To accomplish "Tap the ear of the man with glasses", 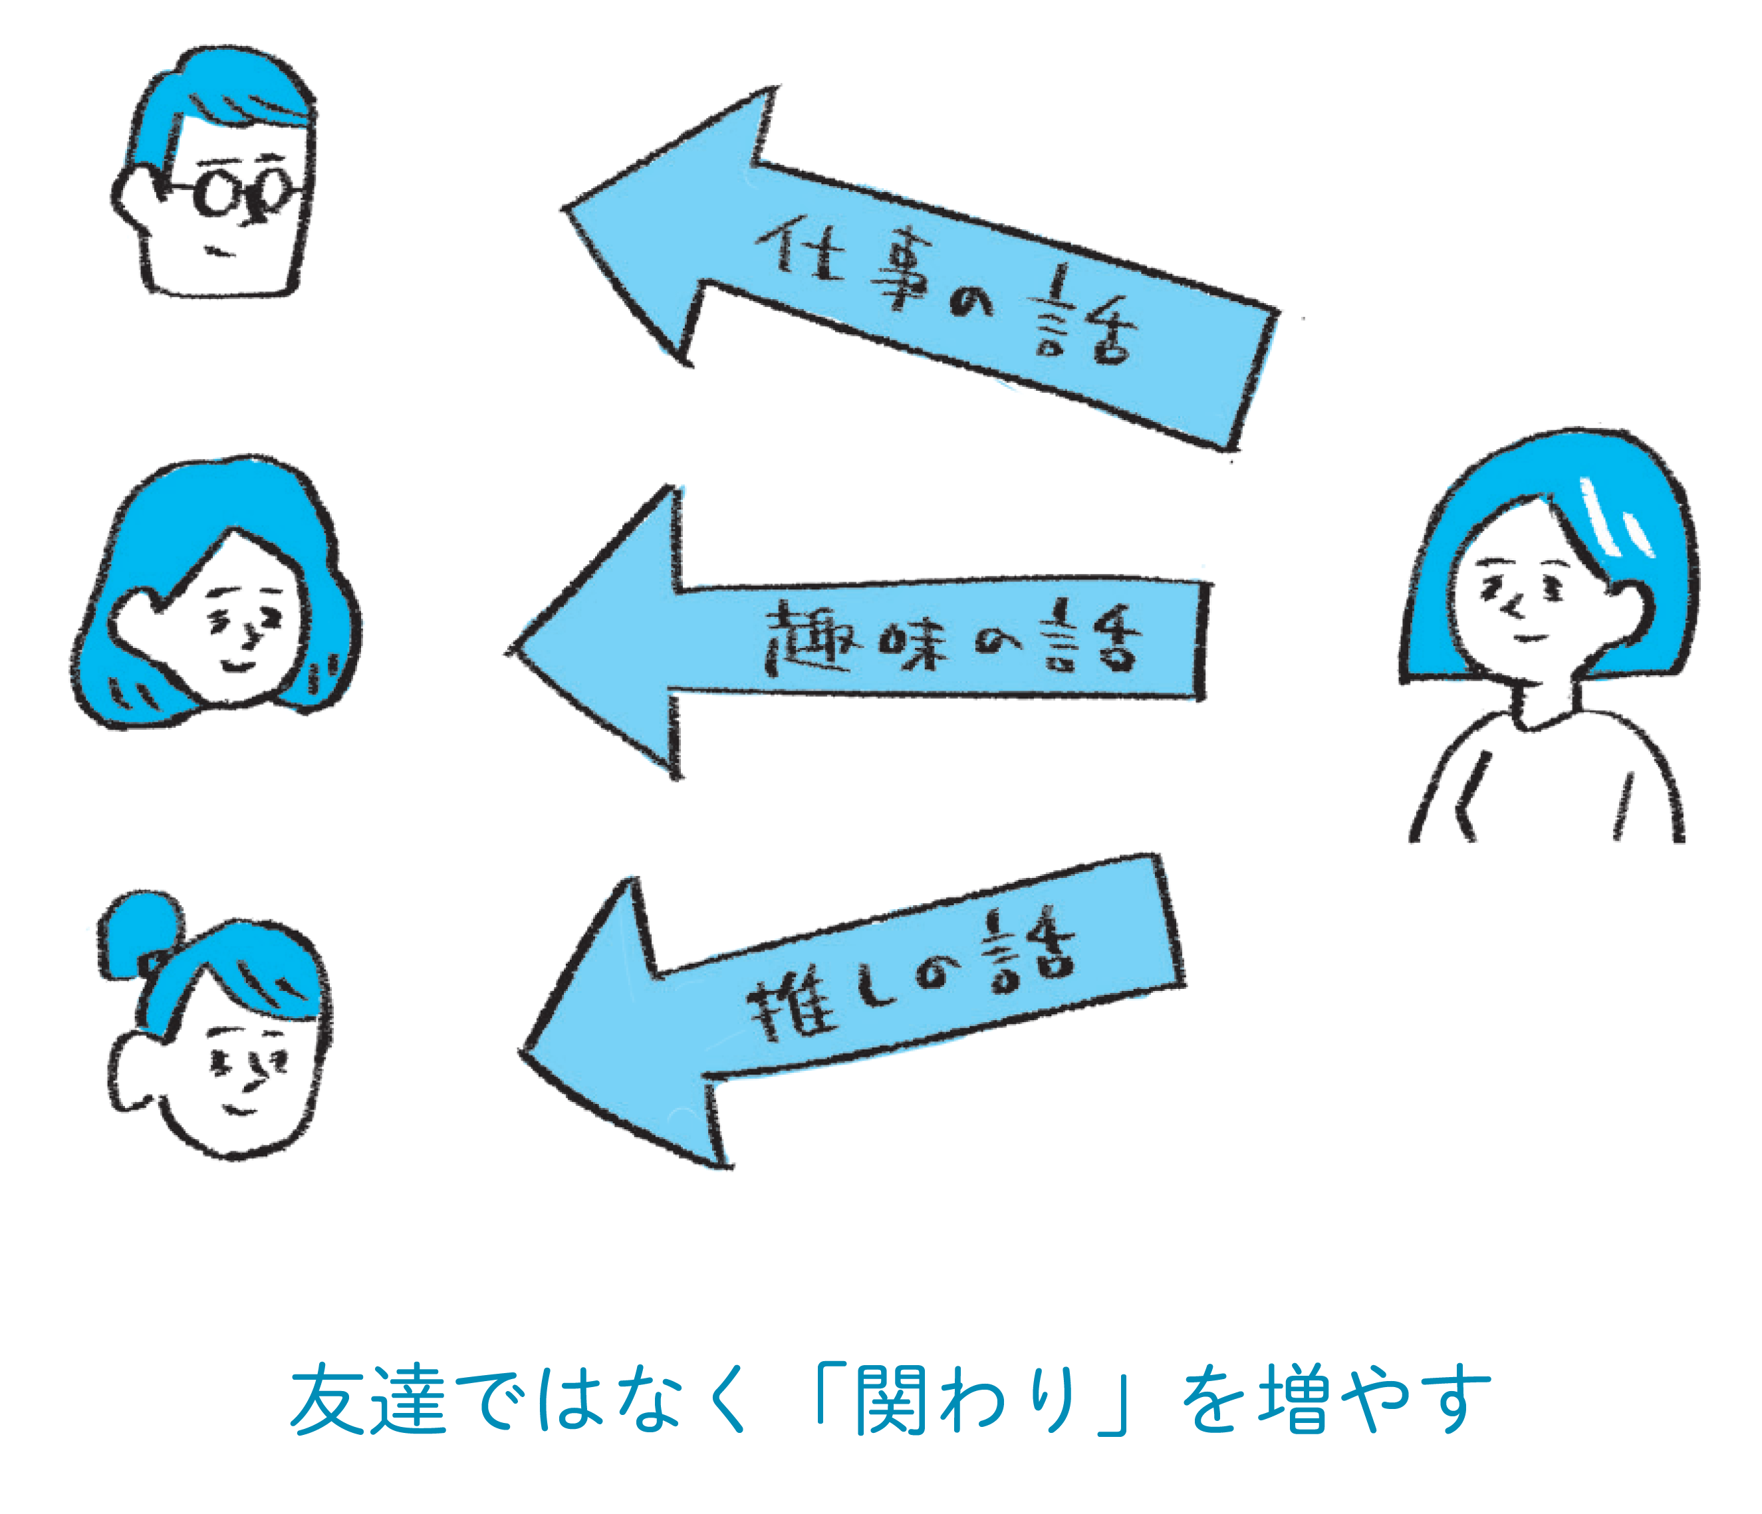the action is tap(134, 197).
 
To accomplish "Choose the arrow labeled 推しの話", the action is tap(850, 1003).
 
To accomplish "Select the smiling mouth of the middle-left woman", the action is tap(237, 666).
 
